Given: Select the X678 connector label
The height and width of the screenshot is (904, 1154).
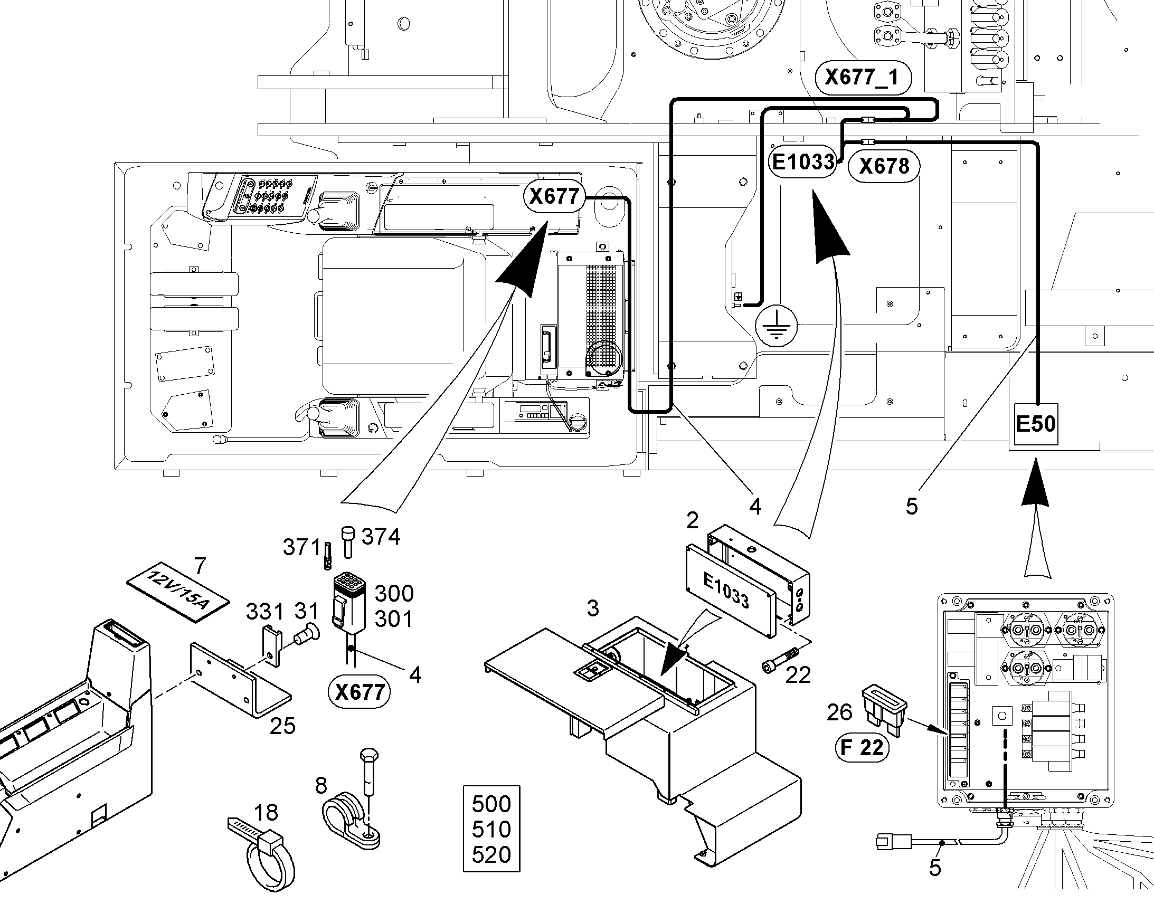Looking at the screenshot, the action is pyautogui.click(x=884, y=166).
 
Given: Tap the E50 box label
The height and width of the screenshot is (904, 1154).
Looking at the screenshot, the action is pyautogui.click(x=1036, y=423).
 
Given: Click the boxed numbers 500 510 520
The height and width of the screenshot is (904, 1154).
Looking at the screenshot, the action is pyautogui.click(x=491, y=829).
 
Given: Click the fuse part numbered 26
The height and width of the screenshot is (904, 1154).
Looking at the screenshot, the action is pyautogui.click(x=885, y=712).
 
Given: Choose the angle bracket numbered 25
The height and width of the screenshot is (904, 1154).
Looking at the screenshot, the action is pyautogui.click(x=240, y=679).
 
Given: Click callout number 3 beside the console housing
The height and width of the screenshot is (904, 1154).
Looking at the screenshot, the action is pyautogui.click(x=593, y=608).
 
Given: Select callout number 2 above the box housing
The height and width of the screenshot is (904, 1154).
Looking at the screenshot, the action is pyautogui.click(x=692, y=521).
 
